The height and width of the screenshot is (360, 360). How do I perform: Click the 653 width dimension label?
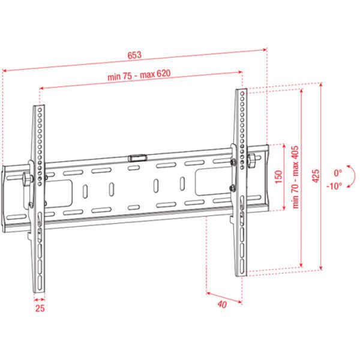[x=134, y=55]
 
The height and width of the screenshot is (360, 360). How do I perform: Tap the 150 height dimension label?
[x=278, y=177]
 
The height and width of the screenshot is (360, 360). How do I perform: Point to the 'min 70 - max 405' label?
[x=295, y=177]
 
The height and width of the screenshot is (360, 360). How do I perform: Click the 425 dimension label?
[x=316, y=176]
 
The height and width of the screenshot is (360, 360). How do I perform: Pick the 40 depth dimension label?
[x=222, y=304]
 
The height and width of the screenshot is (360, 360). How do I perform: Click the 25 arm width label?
[x=40, y=308]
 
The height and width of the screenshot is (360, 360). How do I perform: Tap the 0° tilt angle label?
[x=338, y=173]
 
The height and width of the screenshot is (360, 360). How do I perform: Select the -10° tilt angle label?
[x=334, y=186]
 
